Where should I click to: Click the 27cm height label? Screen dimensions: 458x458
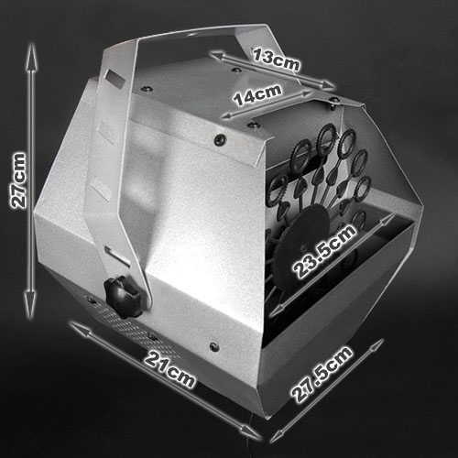click(x=18, y=180)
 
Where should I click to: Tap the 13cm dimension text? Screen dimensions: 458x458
click(x=277, y=60)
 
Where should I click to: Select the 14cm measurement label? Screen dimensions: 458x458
click(x=257, y=95)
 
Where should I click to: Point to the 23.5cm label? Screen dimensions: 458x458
click(x=324, y=251)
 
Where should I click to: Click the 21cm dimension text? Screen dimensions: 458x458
click(x=169, y=369)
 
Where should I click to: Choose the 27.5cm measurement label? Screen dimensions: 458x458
click(x=322, y=375)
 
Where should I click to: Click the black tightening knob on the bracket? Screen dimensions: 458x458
click(x=123, y=296)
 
